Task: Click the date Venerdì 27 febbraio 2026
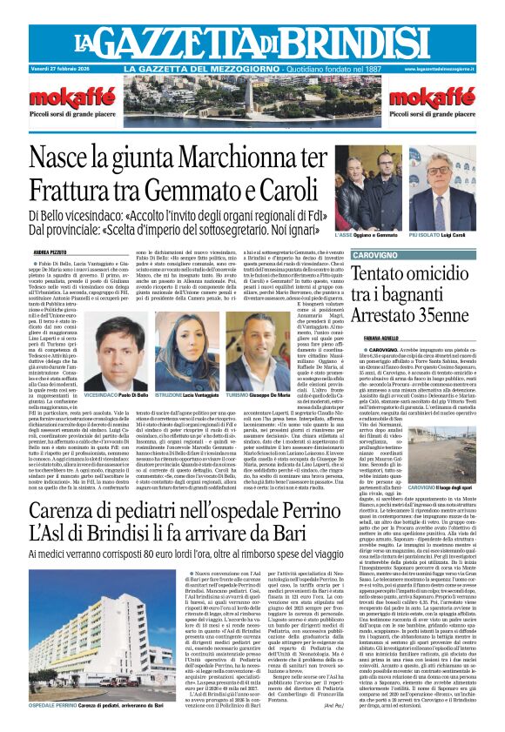62,69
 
